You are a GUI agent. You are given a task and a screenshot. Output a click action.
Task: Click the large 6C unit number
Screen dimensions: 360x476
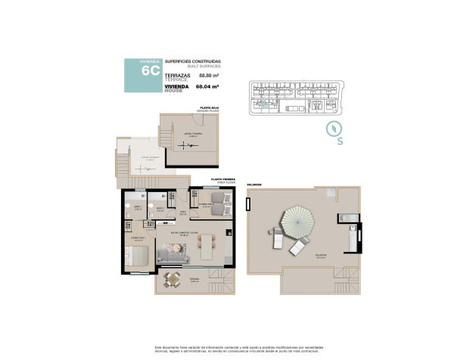click(x=150, y=72)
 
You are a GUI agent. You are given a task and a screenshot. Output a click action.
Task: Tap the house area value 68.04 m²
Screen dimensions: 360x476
click(x=207, y=87)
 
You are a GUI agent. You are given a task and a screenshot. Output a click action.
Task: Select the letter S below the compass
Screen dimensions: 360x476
click(x=340, y=141)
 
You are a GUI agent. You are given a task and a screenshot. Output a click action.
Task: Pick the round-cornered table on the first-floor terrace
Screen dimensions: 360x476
click(x=173, y=281)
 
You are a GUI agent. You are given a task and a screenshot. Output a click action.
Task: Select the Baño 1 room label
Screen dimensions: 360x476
click(x=138, y=206)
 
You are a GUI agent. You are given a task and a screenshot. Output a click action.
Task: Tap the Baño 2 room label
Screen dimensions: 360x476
click(x=160, y=206)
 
